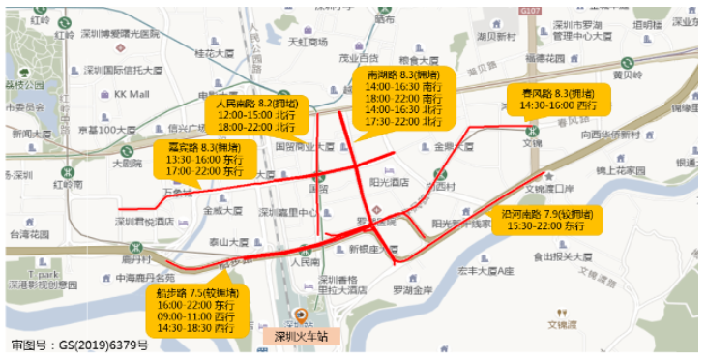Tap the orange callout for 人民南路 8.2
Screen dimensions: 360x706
(256, 113)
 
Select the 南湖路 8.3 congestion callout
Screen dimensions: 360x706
(404, 98)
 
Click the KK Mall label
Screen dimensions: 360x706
(132, 94)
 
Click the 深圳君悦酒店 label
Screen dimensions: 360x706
(143, 221)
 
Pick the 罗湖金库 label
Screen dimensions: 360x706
(411, 288)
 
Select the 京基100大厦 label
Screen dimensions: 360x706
(105, 129)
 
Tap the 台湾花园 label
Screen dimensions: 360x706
(28, 234)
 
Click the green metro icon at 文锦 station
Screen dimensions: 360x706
(531, 130)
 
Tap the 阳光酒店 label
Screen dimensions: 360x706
(389, 181)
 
